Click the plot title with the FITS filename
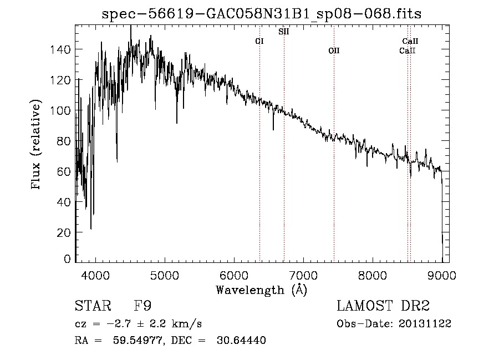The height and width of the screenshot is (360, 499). click(262, 14)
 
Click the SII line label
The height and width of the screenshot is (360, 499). click(283, 32)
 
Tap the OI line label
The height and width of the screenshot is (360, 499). click(259, 41)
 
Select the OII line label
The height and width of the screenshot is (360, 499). click(333, 50)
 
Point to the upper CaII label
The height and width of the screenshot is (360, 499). click(410, 41)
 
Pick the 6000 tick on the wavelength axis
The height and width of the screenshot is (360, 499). click(234, 275)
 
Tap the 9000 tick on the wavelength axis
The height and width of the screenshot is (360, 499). click(442, 275)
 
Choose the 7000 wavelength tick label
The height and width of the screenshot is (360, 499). click(303, 275)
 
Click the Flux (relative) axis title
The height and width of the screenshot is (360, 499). click(37, 145)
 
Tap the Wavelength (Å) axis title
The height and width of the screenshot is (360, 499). click(261, 290)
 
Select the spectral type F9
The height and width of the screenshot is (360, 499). click(142, 306)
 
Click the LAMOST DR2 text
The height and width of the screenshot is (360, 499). click(383, 306)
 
